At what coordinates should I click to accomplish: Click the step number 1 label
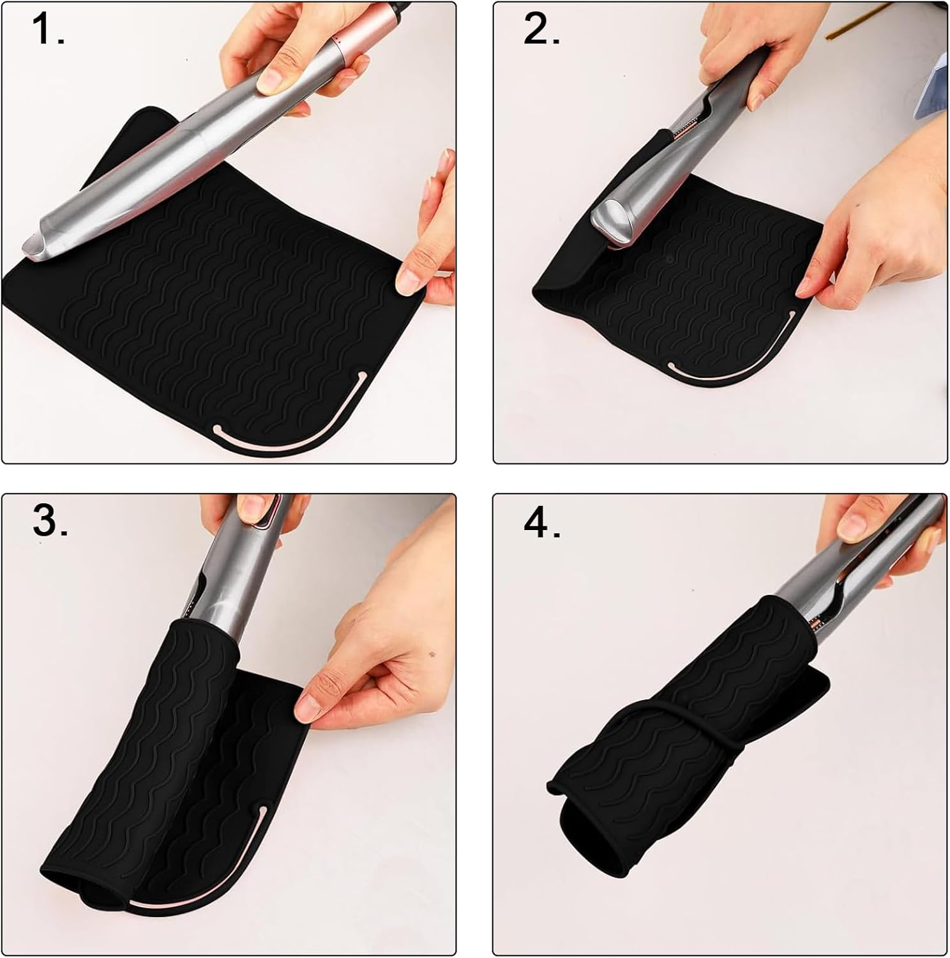pyautogui.click(x=47, y=31)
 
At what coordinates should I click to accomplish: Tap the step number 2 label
pyautogui.click(x=541, y=31)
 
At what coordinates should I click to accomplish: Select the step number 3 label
pyautogui.click(x=50, y=522)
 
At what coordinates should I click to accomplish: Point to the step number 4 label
pyautogui.click(x=542, y=524)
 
